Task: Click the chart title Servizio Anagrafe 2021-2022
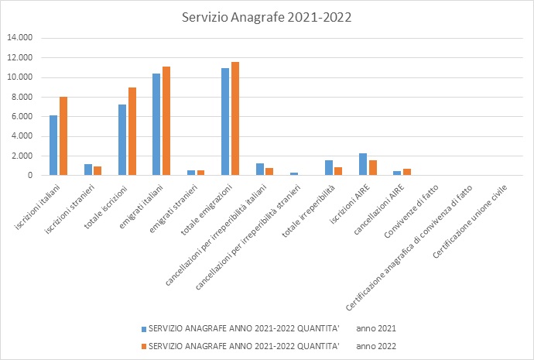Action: pyautogui.click(x=266, y=16)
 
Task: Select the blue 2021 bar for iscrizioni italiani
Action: pyautogui.click(x=53, y=146)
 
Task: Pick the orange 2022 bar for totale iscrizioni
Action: pyautogui.click(x=132, y=132)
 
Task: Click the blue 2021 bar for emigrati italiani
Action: pyautogui.click(x=156, y=125)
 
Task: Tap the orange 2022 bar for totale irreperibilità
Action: pyautogui.click(x=338, y=171)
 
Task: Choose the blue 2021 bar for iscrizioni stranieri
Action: pyautogui.click(x=87, y=170)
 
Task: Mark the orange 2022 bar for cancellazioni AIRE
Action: pyautogui.click(x=406, y=172)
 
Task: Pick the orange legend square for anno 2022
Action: pyautogui.click(x=142, y=345)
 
